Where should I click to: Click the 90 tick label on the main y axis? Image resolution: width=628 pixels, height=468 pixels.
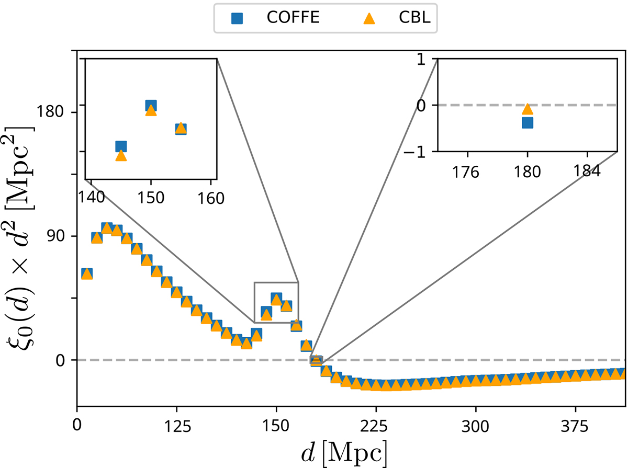pos(59,236)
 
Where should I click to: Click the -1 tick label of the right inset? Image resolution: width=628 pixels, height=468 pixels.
pos(422,151)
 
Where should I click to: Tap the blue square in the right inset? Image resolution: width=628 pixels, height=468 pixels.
pos(528,122)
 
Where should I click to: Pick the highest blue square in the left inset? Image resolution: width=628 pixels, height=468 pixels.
pos(151,106)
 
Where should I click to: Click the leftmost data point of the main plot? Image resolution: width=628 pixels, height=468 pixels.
pos(87,273)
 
